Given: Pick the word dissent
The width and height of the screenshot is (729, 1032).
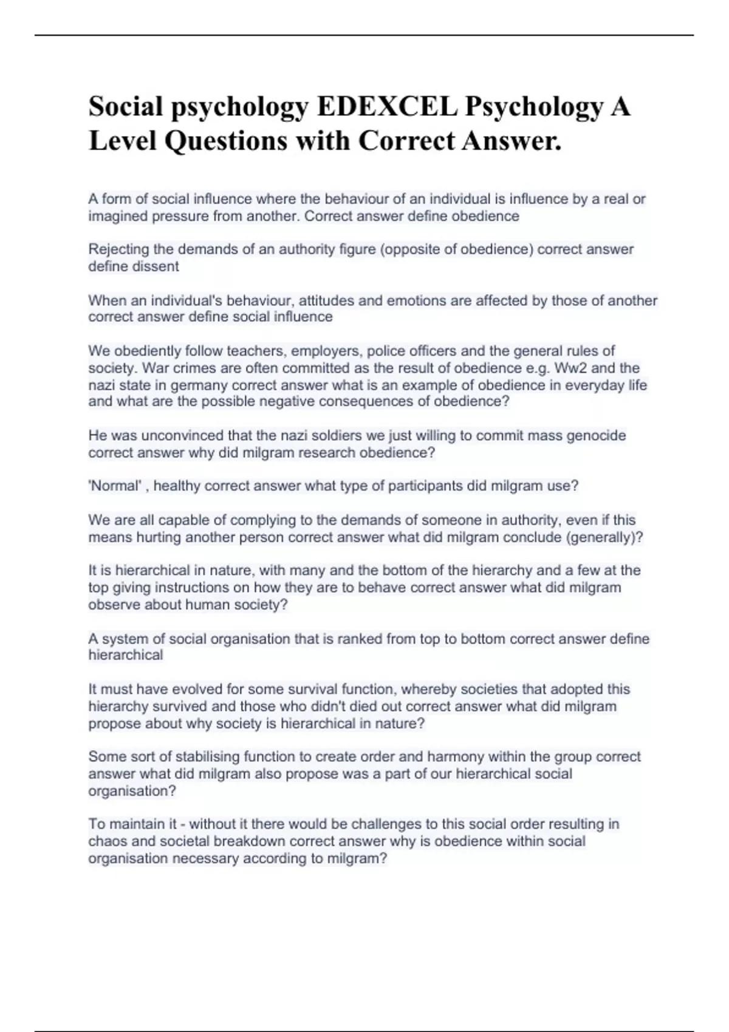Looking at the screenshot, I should coord(157,266).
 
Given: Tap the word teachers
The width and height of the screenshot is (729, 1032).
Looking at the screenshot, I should coord(256,351).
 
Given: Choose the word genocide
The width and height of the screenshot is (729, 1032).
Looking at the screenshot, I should coord(596,435).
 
